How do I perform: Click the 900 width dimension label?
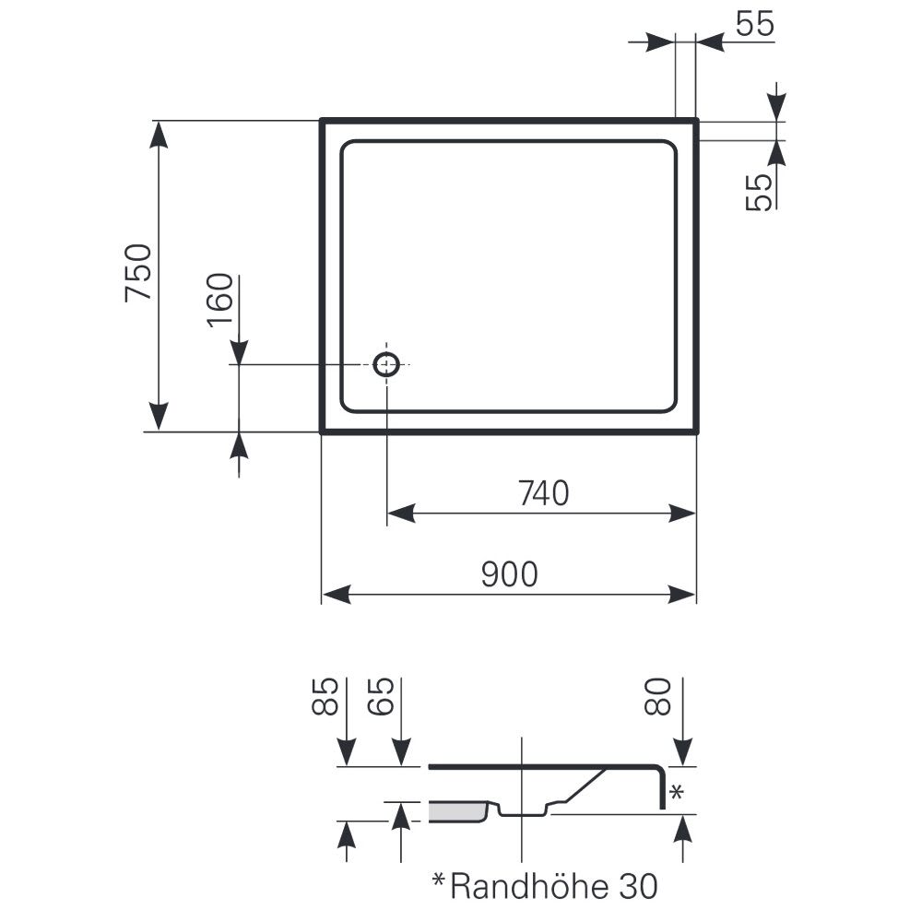(510, 574)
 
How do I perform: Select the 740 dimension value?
(543, 493)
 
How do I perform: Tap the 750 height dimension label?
(138, 273)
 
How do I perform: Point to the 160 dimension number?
(220, 300)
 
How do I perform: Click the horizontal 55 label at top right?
(755, 24)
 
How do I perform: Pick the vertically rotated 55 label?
(760, 192)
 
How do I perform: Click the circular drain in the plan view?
(386, 364)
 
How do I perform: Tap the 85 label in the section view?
(325, 696)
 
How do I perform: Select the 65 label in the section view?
(382, 696)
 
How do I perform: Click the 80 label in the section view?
(657, 696)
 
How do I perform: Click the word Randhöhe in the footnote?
(529, 886)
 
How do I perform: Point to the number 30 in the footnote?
(638, 886)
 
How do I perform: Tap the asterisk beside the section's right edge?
(677, 792)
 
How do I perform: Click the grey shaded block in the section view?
(457, 812)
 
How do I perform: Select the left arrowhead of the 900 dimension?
(337, 595)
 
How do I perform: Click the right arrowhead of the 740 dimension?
(681, 514)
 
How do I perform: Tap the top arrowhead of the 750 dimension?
(159, 135)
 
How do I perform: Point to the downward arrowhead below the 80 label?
(684, 752)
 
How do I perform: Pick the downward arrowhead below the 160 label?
(239, 351)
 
